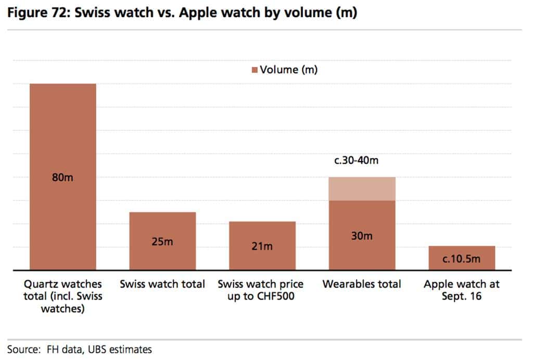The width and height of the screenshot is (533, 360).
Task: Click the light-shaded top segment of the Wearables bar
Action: tap(361, 189)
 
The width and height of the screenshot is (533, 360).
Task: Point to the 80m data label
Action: tap(63, 178)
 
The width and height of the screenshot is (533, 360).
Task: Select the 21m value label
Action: tap(262, 246)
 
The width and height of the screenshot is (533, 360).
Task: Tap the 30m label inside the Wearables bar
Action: tap(361, 235)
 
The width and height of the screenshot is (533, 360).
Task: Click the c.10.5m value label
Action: tap(461, 259)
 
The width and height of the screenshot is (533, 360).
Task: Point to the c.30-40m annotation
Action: tap(356, 160)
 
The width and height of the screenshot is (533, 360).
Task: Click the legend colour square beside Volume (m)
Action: tap(255, 70)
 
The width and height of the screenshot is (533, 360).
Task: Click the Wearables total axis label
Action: tap(361, 284)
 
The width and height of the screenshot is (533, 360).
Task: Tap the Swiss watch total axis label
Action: tap(162, 284)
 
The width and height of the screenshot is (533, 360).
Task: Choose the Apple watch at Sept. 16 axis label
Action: tap(461, 290)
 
